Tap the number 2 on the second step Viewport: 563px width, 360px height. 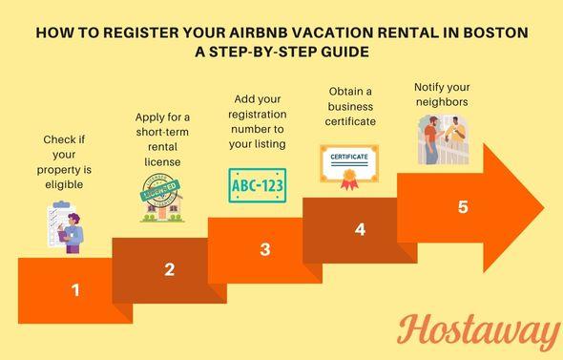pyautogui.click(x=169, y=269)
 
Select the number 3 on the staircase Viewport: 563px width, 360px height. pyautogui.click(x=265, y=249)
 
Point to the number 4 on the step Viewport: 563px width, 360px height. pyautogui.click(x=360, y=229)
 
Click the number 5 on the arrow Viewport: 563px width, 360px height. pyautogui.click(x=463, y=205)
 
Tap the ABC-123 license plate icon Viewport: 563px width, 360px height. pyautogui.click(x=257, y=184)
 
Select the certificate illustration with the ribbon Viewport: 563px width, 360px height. pyautogui.click(x=348, y=163)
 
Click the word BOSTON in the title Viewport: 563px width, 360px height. pyautogui.click(x=490, y=32)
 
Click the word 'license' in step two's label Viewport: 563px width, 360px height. pyautogui.click(x=162, y=161)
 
